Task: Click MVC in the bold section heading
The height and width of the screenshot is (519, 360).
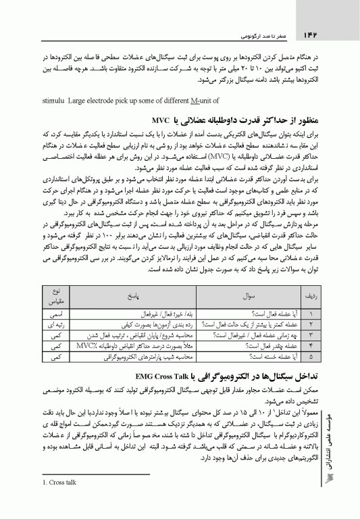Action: point(181,121)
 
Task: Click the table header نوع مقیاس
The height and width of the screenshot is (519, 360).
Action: point(57,296)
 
